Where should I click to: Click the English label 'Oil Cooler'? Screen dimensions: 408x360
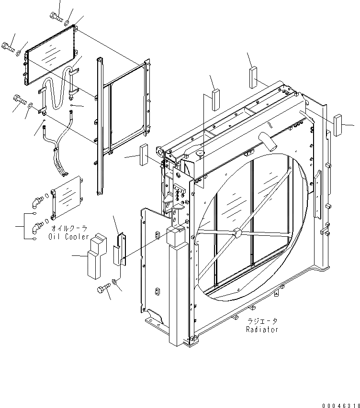(x=69, y=237)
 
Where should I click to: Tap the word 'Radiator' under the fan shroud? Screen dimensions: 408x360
(x=261, y=329)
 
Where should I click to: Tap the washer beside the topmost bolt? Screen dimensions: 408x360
(x=67, y=22)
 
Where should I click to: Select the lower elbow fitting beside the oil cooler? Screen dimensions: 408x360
(x=35, y=228)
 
